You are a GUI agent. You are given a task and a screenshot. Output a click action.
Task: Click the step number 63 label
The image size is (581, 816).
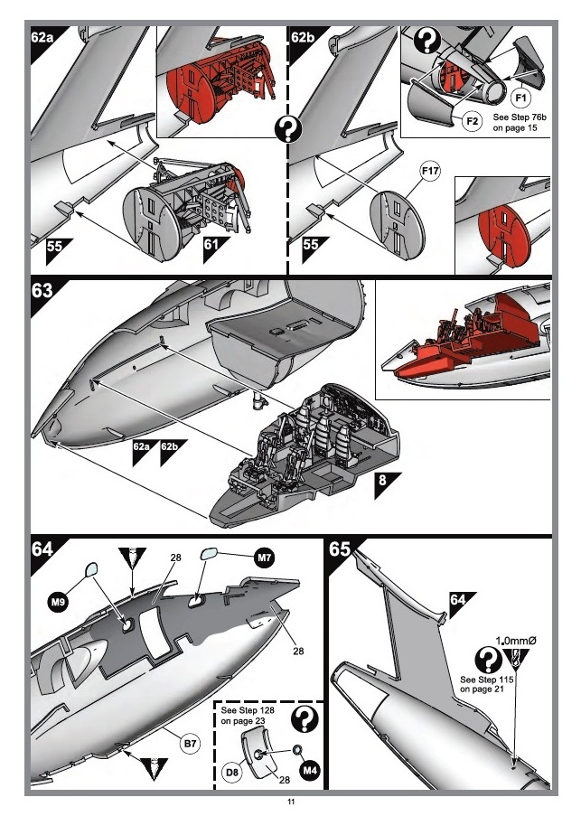pos(44,293)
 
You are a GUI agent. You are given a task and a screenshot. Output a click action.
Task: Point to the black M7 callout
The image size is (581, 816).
pos(265,558)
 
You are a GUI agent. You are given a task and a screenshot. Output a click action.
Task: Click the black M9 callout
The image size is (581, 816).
pos(58,599)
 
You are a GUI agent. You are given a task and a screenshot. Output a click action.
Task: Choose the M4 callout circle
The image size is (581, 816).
pos(310,771)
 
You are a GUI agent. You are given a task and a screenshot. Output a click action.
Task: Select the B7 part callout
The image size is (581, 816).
pos(190,744)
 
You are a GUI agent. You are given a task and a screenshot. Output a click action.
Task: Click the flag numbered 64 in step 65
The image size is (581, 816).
pos(460,600)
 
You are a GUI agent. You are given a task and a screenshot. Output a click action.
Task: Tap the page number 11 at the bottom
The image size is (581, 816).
pos(290,802)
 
